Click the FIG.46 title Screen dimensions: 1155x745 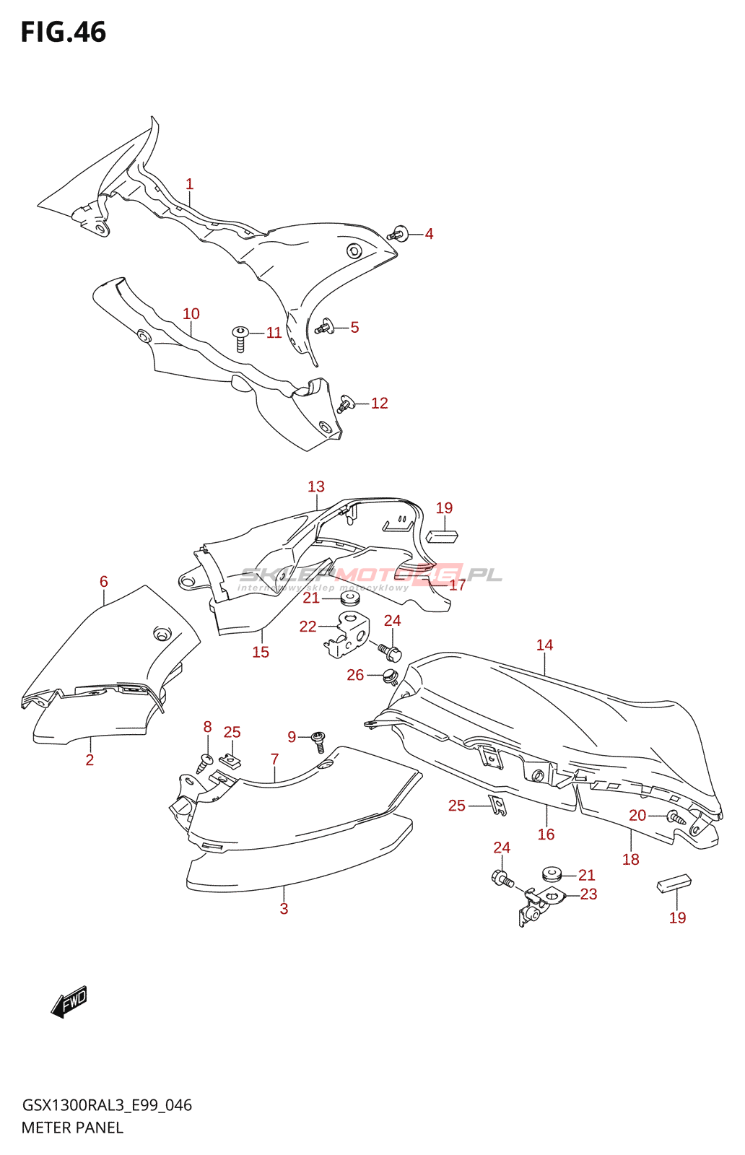[64, 32]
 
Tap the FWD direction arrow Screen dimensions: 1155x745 [69, 1002]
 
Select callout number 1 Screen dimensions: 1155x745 [189, 184]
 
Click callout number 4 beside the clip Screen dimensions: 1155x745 [429, 234]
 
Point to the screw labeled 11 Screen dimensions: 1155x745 [240, 337]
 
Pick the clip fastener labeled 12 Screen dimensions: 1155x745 [346, 404]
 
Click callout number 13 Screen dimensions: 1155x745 [316, 487]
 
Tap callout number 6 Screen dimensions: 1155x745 [104, 581]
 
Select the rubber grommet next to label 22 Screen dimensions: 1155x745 [349, 598]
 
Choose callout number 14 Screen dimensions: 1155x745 [544, 645]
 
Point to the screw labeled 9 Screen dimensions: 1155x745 [318, 741]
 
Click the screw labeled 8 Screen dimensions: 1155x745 [205, 760]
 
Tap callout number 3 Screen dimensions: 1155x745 [284, 909]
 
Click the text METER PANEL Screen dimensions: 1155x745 [72, 1128]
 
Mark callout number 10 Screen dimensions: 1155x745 [191, 314]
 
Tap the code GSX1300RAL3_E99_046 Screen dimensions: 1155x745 [107, 1105]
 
